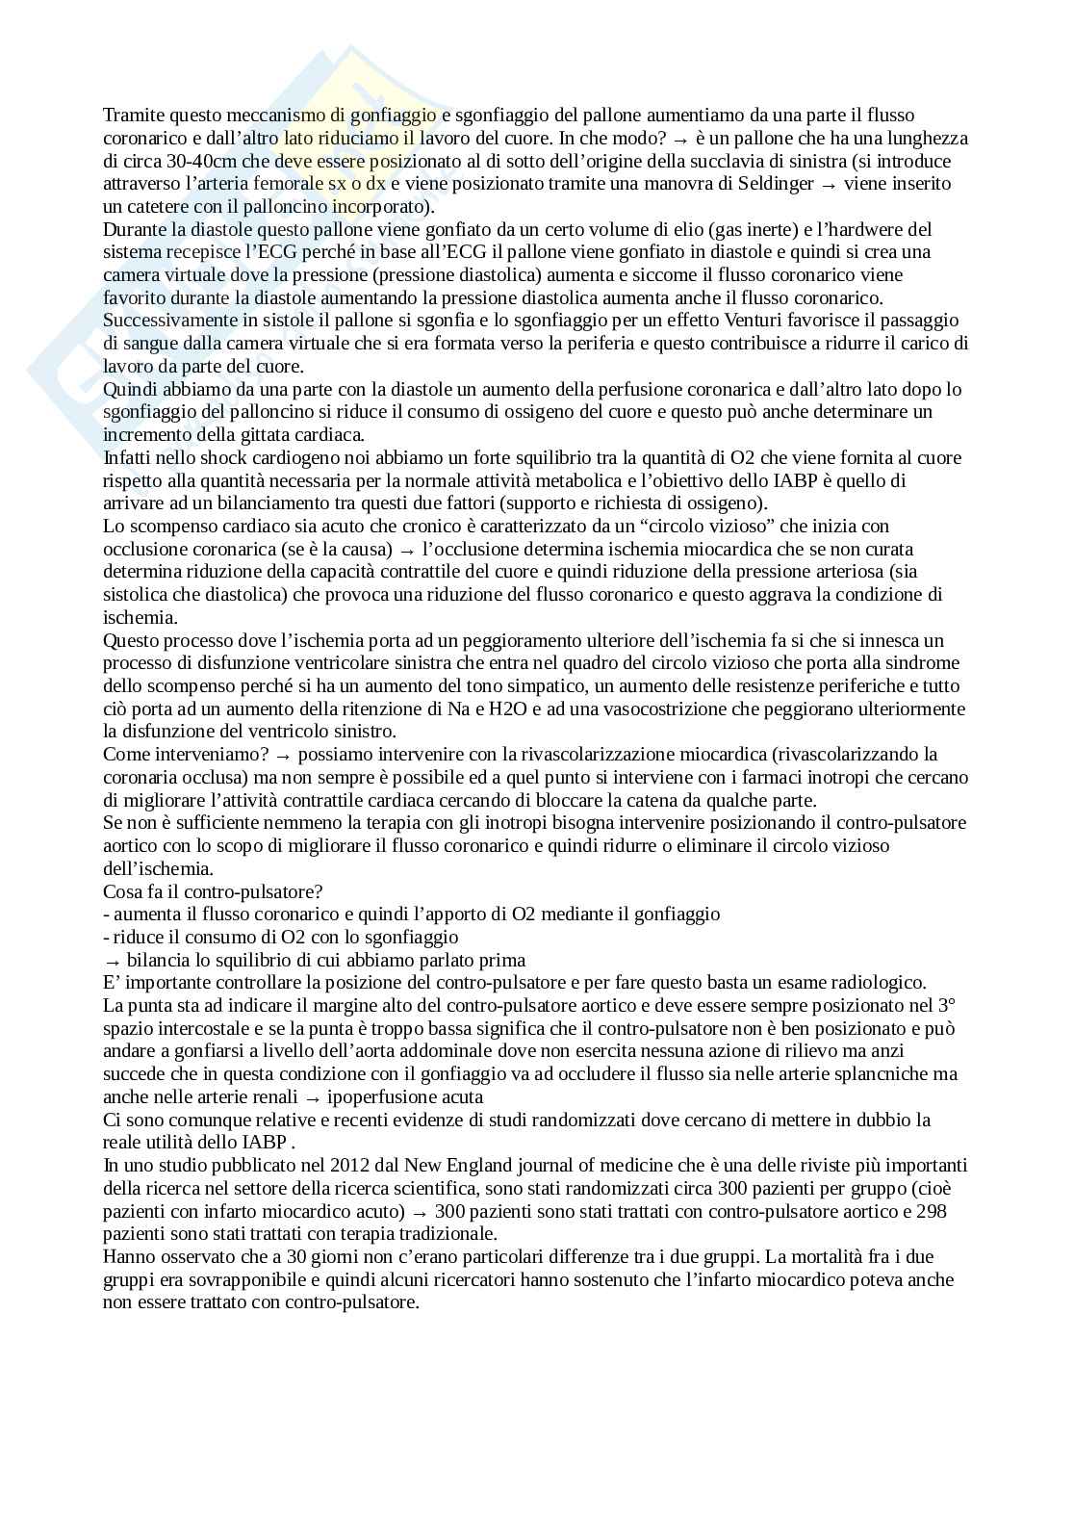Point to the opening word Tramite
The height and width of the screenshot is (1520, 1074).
tap(132, 116)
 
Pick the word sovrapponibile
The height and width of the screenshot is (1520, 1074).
tap(242, 1280)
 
